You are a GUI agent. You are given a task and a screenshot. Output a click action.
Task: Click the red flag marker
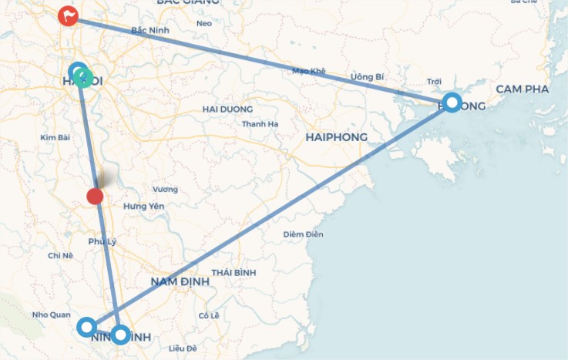pyautogui.click(x=69, y=15)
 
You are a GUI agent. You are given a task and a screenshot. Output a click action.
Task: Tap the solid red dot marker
pyautogui.click(x=95, y=196)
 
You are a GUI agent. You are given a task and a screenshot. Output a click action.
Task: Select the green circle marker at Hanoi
pyautogui.click(x=85, y=78)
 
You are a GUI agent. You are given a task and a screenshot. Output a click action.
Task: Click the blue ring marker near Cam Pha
pyautogui.click(x=452, y=103)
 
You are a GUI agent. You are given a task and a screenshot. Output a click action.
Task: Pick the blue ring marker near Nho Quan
pyautogui.click(x=87, y=327)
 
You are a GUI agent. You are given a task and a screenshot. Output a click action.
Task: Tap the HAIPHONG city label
pyautogui.click(x=336, y=137)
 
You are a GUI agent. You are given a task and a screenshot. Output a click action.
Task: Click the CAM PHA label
pyautogui.click(x=522, y=89)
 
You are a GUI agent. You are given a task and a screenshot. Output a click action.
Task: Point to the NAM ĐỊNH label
pyautogui.click(x=180, y=281)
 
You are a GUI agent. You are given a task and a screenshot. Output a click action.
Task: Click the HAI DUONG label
pyautogui.click(x=227, y=109)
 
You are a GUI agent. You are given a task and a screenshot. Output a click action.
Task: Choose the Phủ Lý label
pyautogui.click(x=102, y=241)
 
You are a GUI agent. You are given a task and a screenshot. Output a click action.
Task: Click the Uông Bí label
pyautogui.click(x=367, y=77)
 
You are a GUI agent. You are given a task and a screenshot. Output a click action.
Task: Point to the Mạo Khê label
pyautogui.click(x=309, y=71)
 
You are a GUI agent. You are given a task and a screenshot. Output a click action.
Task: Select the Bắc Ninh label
pyautogui.click(x=150, y=31)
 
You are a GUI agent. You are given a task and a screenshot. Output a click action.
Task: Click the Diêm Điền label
pyautogui.click(x=303, y=234)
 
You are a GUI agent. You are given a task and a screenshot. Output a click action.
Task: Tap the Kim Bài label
pyautogui.click(x=55, y=137)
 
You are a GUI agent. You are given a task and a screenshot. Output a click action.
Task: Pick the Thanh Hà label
pyautogui.click(x=260, y=124)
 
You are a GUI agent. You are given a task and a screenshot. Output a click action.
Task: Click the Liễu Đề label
pyautogui.click(x=183, y=348)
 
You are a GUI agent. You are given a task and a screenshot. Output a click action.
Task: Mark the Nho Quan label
pyautogui.click(x=51, y=315)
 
